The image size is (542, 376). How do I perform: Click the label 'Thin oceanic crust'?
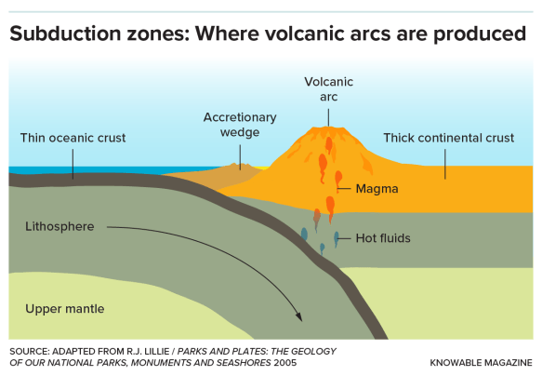coord(73,139)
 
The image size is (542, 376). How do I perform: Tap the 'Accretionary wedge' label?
coord(240,124)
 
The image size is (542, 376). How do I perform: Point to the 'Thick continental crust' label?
coord(449,139)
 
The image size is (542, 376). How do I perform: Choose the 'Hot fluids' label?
coord(383,238)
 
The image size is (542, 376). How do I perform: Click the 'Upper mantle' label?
coord(65,308)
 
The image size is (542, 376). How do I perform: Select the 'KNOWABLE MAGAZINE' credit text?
coord(481,361)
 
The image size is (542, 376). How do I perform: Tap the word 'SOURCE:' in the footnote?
coord(33,350)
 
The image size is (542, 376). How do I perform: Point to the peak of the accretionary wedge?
coord(240,167)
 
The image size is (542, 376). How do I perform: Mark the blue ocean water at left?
coord(37,169)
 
